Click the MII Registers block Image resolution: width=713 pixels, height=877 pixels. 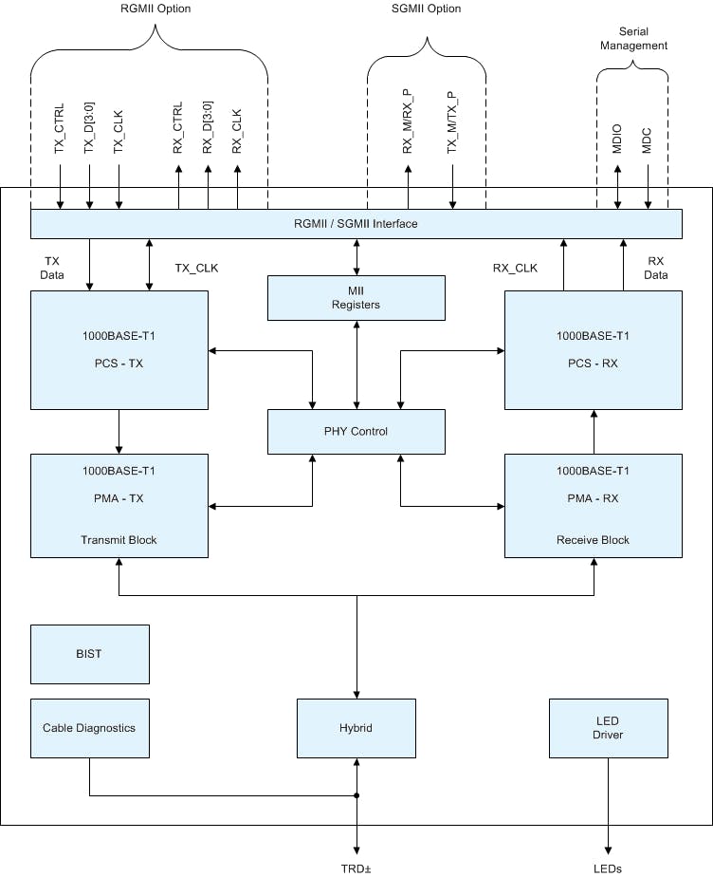pos(356,298)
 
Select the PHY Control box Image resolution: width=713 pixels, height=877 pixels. pos(356,431)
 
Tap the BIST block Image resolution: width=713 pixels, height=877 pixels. pos(89,654)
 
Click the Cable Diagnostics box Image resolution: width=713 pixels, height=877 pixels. pos(89,728)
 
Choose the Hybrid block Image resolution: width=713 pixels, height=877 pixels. pos(356,728)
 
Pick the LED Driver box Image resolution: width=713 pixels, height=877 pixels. pos(608,728)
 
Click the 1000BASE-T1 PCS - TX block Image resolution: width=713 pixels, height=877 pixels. pos(119,350)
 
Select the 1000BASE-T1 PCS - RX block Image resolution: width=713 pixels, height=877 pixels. pos(593,350)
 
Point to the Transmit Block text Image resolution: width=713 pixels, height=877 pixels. pos(119,540)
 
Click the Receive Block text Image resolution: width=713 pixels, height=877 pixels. pos(593,540)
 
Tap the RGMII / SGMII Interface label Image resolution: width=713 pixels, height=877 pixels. pos(356,224)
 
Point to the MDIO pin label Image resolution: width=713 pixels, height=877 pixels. pos(617,137)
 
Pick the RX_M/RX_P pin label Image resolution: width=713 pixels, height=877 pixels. pos(408,121)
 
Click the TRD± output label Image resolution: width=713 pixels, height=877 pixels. pos(356,868)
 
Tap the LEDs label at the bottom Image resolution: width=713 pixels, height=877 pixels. pos(608,868)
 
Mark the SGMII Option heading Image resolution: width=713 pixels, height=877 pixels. pos(427,9)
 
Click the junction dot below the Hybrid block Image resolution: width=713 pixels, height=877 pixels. pos(356,795)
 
